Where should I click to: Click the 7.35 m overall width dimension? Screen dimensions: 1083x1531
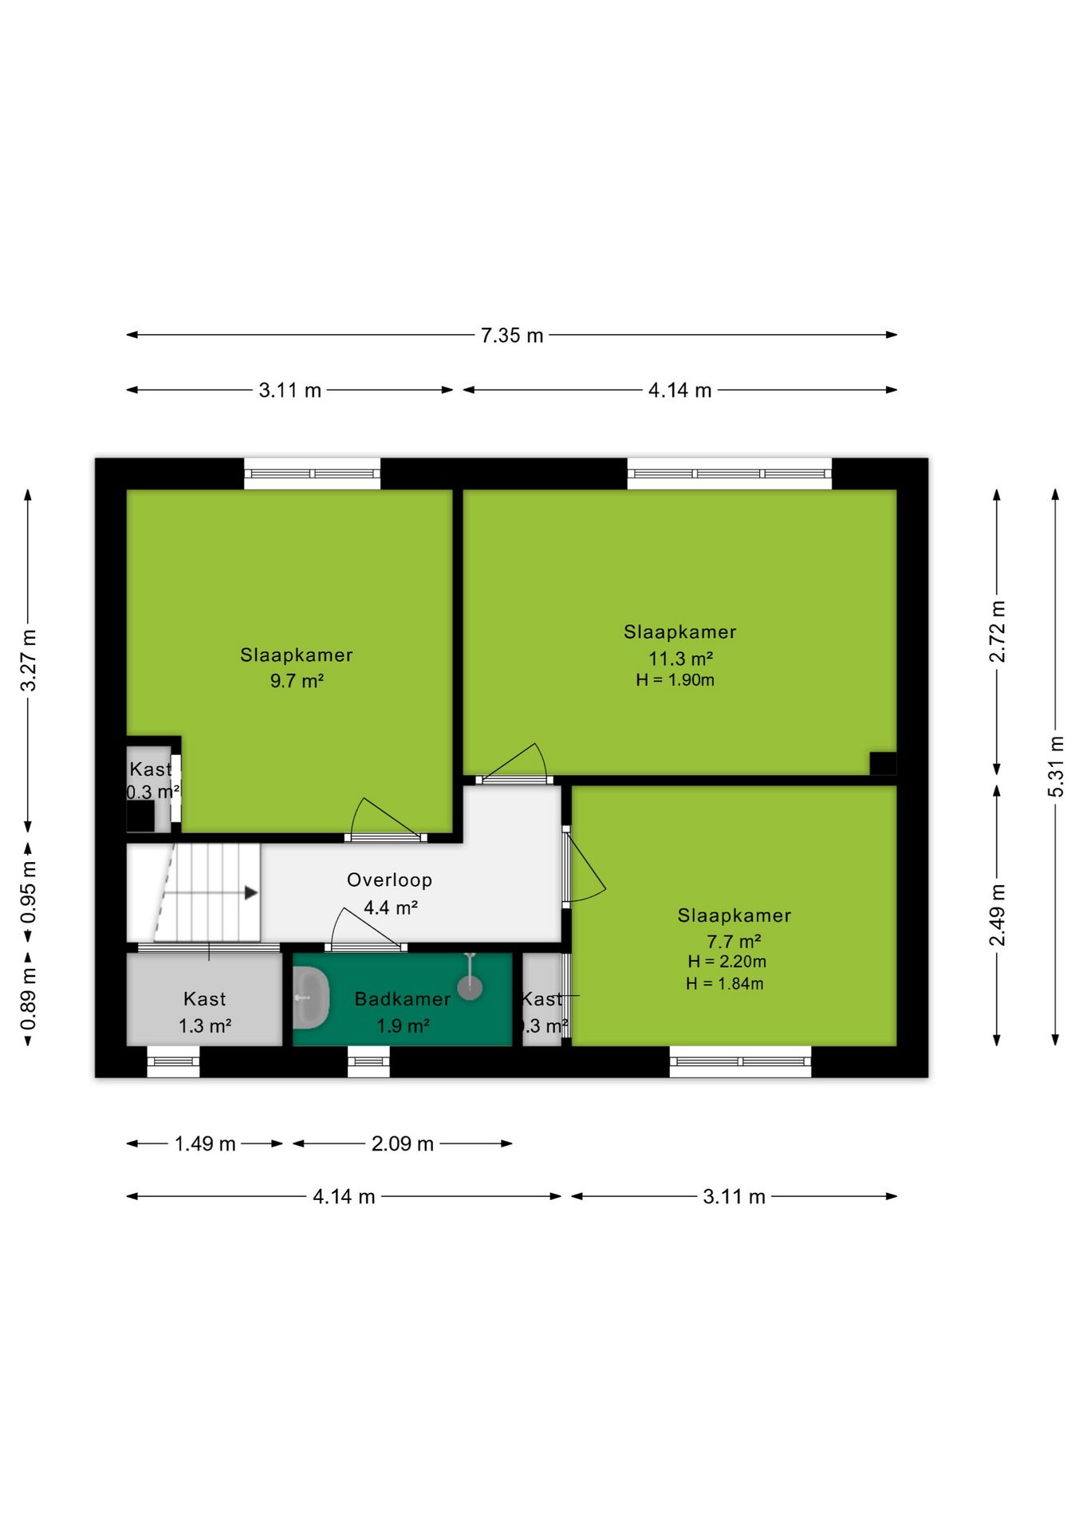[512, 335]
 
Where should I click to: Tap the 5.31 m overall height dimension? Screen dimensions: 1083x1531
[1055, 767]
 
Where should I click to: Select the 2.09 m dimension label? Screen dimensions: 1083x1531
[403, 1143]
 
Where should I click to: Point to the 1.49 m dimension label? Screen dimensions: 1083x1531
[205, 1143]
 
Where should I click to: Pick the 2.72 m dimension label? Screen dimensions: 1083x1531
[997, 632]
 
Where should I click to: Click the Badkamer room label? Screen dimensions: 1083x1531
[403, 999]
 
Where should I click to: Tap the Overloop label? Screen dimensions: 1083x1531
[390, 880]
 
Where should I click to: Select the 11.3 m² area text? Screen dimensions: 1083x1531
[680, 659]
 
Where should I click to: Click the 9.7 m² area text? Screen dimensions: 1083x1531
[297, 681]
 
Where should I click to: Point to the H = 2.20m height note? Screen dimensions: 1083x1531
[727, 962]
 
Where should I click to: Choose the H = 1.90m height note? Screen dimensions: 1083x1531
[675, 680]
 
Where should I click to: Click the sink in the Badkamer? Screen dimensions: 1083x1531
[311, 998]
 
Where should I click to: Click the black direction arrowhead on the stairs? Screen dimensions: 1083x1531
[251, 893]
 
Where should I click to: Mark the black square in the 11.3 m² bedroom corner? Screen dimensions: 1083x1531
[883, 763]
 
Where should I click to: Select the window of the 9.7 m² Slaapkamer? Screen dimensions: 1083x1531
[312, 474]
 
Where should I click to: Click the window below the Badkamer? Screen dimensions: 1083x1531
[368, 1061]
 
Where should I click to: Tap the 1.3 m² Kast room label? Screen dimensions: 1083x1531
[205, 1013]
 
